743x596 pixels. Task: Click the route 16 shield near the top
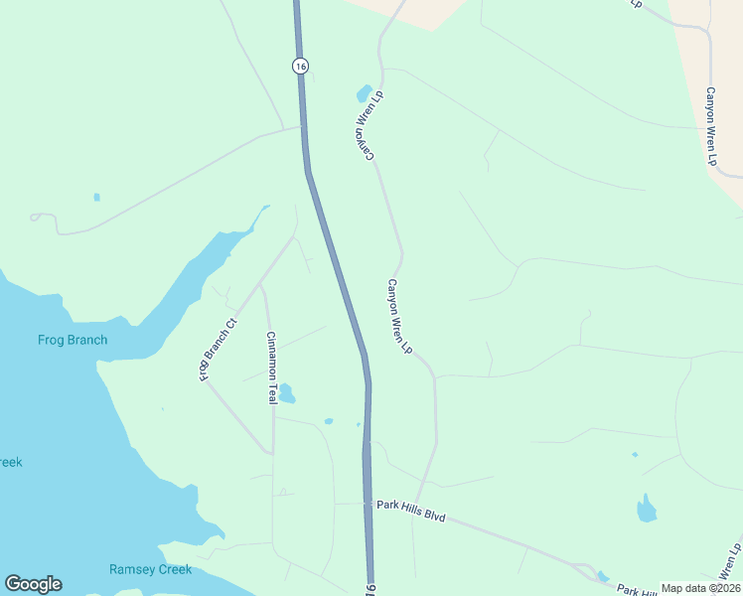(x=301, y=66)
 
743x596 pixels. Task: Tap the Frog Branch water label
(x=73, y=340)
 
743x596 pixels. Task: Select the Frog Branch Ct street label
(x=219, y=350)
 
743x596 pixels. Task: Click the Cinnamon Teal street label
(x=270, y=367)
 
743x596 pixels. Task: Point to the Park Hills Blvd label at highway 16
(x=411, y=511)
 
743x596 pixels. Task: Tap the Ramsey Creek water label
(x=149, y=569)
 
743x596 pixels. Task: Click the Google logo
(x=33, y=584)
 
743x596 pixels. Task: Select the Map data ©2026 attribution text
(x=700, y=588)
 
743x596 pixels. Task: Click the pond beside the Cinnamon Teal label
(x=287, y=394)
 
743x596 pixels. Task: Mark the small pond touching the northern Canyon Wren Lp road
(x=365, y=94)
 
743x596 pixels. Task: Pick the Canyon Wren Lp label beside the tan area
(x=711, y=126)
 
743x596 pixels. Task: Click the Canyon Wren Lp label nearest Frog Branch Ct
(x=399, y=317)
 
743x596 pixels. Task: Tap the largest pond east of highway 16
(x=647, y=510)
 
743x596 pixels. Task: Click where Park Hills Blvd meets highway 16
(x=369, y=504)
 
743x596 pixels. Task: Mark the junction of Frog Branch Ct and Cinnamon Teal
(x=261, y=286)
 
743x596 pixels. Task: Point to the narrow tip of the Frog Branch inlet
(x=265, y=209)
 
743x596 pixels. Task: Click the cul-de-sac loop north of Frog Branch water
(x=36, y=217)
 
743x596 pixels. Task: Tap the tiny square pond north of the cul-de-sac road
(x=96, y=197)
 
